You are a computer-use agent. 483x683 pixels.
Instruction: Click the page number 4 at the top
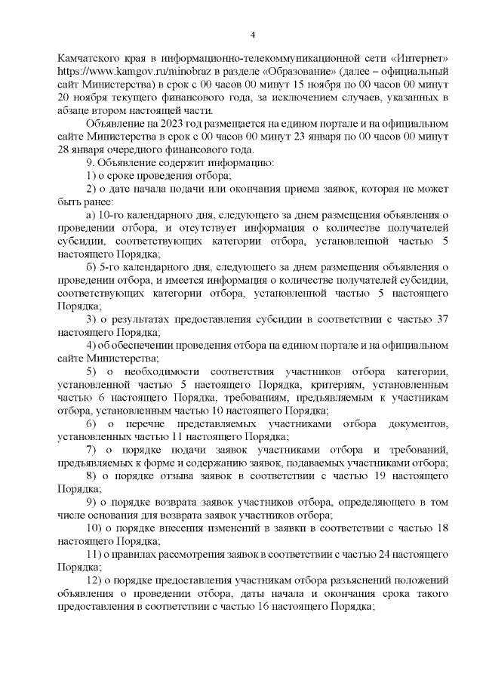[254, 34]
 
